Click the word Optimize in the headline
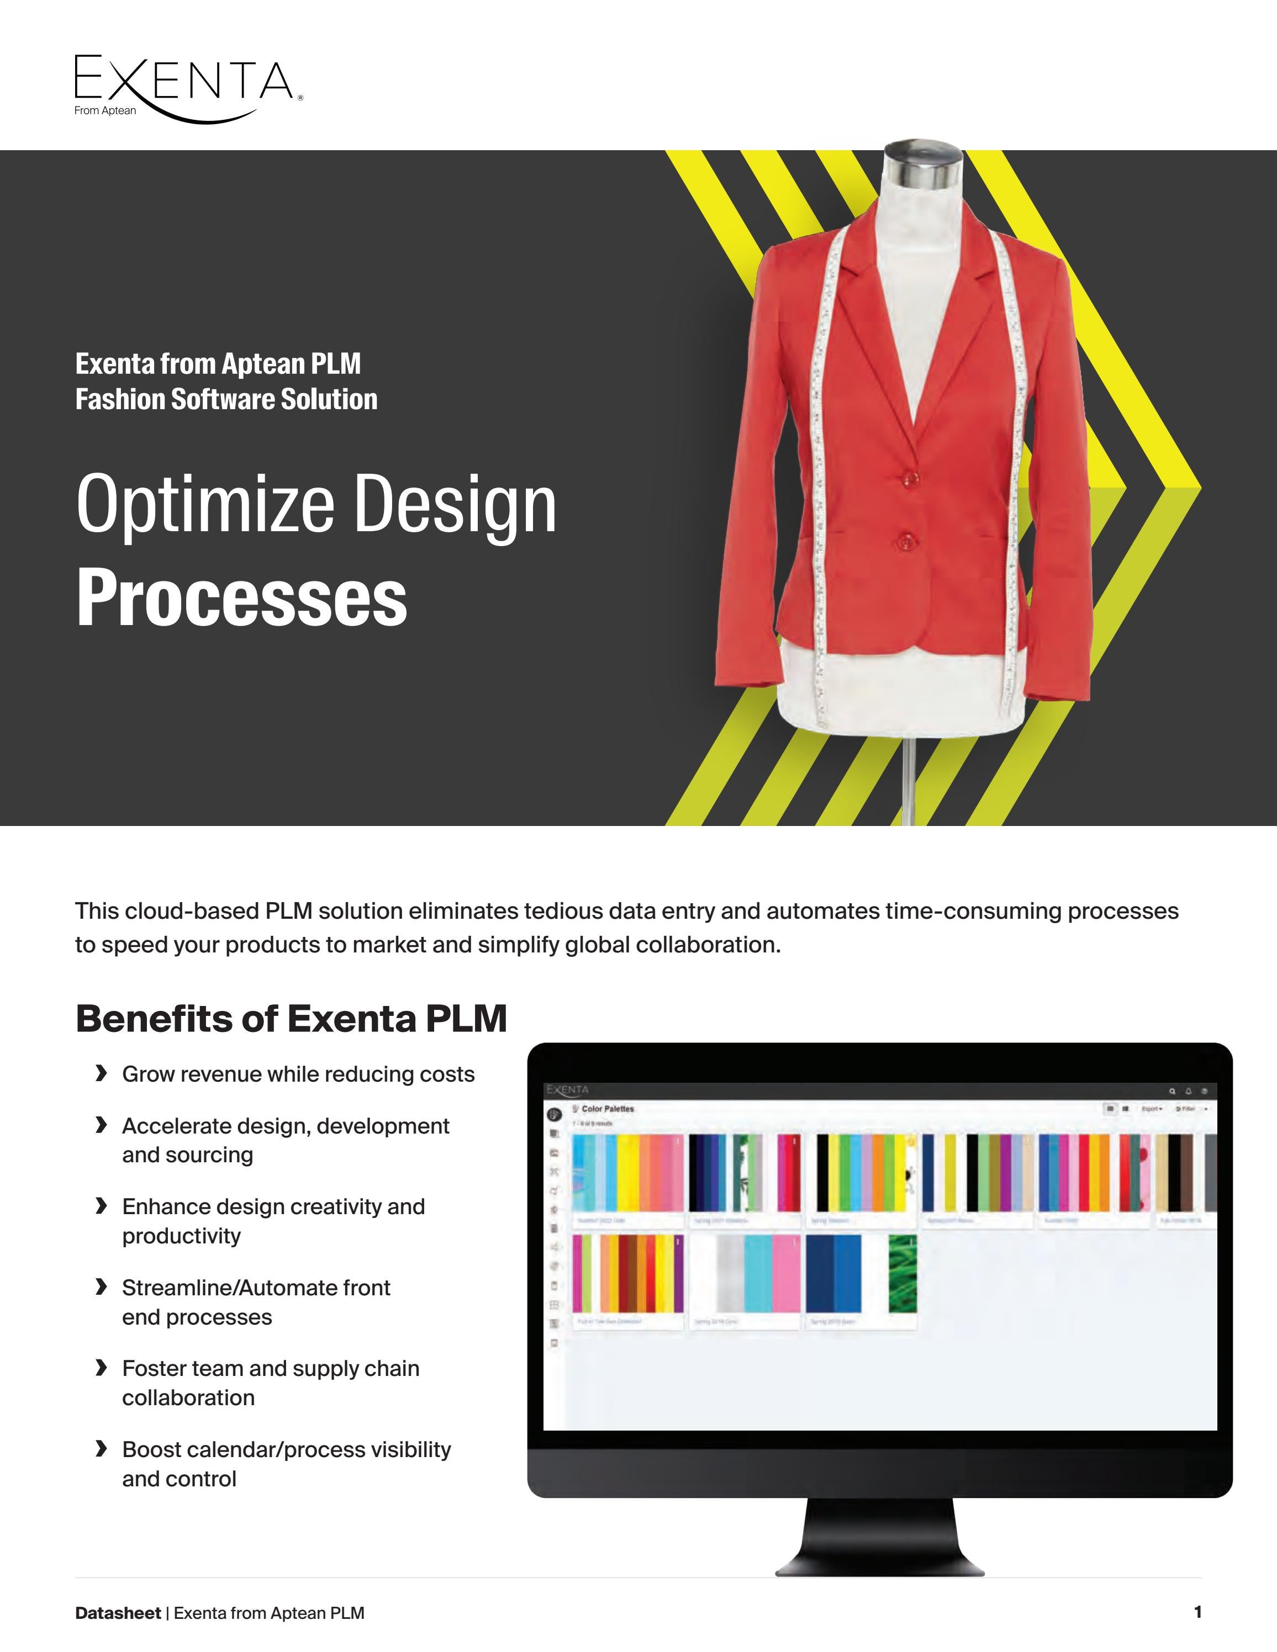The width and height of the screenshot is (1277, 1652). tap(205, 504)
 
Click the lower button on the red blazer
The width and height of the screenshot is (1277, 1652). tap(904, 540)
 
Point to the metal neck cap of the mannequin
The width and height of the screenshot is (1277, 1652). tap(923, 163)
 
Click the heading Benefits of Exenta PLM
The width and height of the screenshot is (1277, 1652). tap(291, 1018)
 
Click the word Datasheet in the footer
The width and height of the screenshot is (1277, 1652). tap(117, 1613)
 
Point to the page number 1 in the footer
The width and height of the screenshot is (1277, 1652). tap(1197, 1612)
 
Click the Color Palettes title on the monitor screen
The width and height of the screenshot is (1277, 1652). tap(608, 1109)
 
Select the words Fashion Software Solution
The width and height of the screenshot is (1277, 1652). tap(226, 399)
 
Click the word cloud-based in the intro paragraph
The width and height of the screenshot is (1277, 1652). tap(192, 910)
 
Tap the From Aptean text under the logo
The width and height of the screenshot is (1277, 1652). tap(105, 110)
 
